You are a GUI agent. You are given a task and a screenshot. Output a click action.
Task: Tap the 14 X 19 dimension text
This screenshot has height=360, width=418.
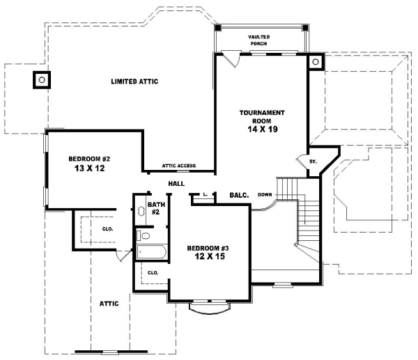tap(262, 129)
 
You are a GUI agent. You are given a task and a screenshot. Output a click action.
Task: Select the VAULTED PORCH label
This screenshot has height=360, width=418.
tap(259, 40)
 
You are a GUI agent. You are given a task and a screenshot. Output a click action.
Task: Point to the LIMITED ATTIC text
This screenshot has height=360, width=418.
tap(134, 81)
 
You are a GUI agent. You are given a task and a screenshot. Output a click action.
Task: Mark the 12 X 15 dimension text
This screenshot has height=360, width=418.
tap(208, 257)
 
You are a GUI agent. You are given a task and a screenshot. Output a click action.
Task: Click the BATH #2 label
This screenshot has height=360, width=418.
tap(157, 208)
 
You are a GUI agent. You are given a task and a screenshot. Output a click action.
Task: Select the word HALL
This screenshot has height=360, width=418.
tap(176, 183)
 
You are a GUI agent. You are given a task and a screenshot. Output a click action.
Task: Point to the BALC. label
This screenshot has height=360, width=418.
tap(239, 196)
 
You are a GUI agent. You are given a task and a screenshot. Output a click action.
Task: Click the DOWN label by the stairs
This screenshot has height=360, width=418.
tap(265, 194)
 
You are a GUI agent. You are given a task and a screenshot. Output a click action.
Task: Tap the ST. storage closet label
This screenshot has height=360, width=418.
tap(313, 162)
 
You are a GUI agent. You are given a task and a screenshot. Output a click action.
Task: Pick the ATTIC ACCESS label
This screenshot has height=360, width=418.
tap(179, 166)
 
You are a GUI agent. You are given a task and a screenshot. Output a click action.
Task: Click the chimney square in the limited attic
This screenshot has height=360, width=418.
tap(42, 80)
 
